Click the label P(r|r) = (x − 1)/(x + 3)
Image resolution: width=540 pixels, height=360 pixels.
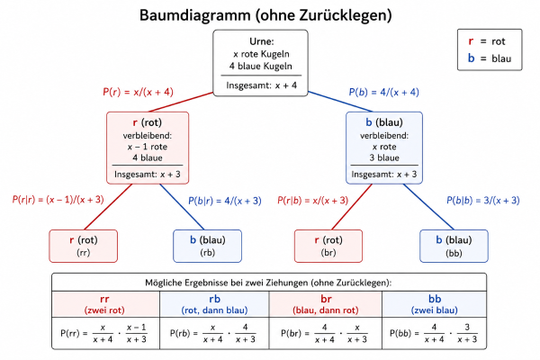tap(58, 200)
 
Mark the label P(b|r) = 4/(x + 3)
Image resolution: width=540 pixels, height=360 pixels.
tap(224, 201)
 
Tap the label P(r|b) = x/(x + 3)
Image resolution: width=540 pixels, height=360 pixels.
tap(315, 200)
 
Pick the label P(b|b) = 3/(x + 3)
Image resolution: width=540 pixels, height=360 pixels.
tap(483, 201)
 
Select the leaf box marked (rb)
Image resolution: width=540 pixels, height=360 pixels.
tap(205, 246)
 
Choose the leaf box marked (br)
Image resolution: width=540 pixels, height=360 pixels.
tap(328, 246)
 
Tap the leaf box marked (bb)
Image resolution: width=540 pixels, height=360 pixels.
tap(454, 246)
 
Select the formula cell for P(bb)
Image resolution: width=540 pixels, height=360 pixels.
tap(434, 332)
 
